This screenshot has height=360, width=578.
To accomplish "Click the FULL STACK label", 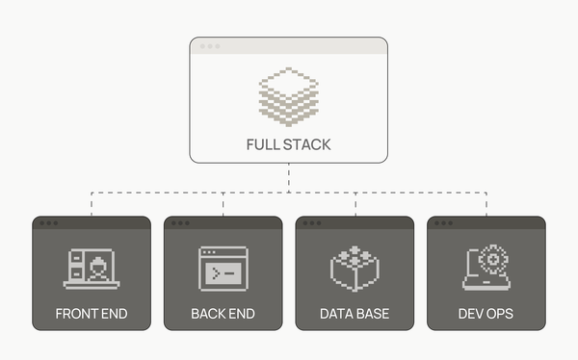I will [288, 145].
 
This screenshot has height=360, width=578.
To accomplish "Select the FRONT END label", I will [92, 314].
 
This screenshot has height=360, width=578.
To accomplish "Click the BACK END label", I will [223, 314].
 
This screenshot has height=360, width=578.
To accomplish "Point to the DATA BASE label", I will [355, 314].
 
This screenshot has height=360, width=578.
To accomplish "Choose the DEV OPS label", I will [486, 314].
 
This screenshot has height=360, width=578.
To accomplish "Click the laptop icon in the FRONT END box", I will [92, 269].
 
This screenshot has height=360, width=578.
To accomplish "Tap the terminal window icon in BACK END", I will [223, 269].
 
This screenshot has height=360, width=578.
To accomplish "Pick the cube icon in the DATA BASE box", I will [355, 268].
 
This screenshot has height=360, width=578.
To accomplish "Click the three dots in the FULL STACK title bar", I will [209, 45].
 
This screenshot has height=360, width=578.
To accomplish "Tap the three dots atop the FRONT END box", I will [49, 223].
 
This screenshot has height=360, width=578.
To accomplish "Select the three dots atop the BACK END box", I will [180, 223].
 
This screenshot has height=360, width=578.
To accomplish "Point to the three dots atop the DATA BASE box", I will [312, 223].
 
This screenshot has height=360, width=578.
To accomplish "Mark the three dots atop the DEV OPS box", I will [444, 223].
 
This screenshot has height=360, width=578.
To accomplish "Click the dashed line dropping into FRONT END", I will [92, 204].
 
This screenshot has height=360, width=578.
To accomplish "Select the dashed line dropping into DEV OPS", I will [486, 204].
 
